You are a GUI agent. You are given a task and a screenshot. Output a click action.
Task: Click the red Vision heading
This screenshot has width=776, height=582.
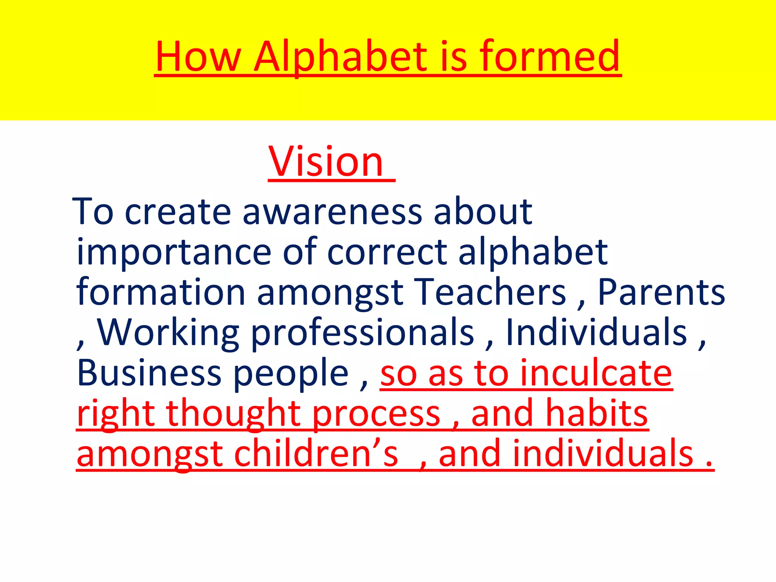click(x=326, y=162)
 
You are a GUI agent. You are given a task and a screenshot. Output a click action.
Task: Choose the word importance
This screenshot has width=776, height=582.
click(x=174, y=252)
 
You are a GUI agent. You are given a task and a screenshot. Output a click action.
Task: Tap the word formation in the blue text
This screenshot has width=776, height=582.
click(x=161, y=292)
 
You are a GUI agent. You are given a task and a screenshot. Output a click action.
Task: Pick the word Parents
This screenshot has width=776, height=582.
click(x=661, y=292)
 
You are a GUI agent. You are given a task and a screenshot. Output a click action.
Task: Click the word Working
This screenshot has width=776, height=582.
click(x=168, y=333)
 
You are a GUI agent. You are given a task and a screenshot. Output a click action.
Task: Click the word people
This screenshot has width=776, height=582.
click(x=290, y=373)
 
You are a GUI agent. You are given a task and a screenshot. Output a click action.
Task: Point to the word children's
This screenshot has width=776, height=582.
click(x=316, y=454)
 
